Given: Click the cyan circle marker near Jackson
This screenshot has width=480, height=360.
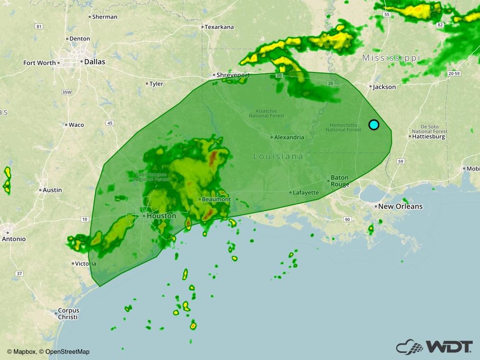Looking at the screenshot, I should (x=374, y=125).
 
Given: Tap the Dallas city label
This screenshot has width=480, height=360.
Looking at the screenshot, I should (x=94, y=62).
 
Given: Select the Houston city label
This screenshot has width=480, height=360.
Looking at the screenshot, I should (x=161, y=216).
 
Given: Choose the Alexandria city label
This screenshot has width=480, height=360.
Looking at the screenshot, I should (x=289, y=137).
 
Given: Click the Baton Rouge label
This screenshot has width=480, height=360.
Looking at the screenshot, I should (x=340, y=181).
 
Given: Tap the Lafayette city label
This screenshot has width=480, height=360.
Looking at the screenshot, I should (x=305, y=193).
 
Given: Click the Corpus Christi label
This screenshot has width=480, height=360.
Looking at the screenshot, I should (x=68, y=314).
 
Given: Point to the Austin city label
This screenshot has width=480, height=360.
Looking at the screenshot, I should (x=52, y=190).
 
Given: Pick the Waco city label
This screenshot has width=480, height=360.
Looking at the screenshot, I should (x=76, y=125).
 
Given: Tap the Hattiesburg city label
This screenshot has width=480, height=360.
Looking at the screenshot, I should (x=429, y=136).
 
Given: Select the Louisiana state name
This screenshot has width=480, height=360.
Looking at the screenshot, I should (x=278, y=156).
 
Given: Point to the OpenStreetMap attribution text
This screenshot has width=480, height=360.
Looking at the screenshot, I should (x=67, y=351).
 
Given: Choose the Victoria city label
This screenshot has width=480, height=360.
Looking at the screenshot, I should (x=85, y=264).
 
